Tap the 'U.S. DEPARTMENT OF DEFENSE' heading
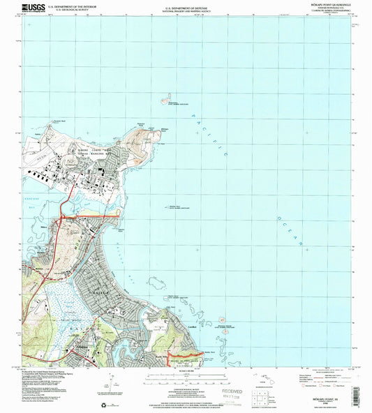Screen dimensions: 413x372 tap(185, 6)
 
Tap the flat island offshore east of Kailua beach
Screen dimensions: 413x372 tap(158, 283)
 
